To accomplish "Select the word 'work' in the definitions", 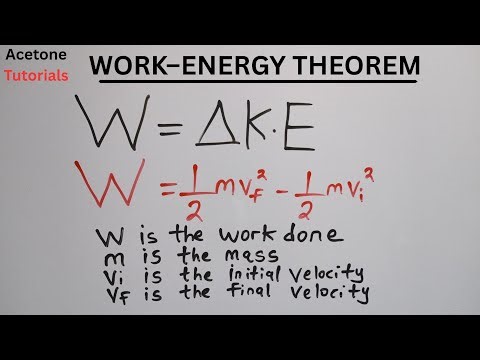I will click(x=239, y=238).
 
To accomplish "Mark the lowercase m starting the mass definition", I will click(x=109, y=257).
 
